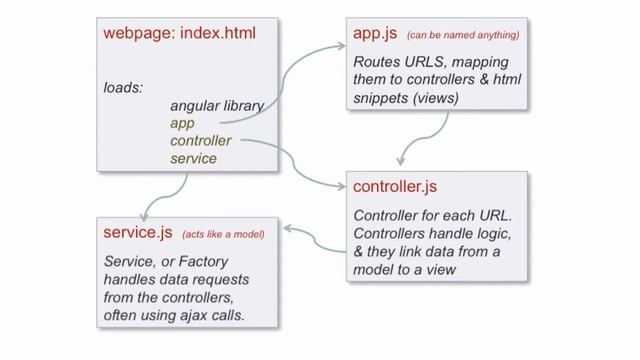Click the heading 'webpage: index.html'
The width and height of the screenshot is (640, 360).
179,34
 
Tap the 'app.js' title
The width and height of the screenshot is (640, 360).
375,34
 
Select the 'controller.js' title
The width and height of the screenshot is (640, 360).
395,186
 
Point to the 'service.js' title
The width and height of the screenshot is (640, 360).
138,233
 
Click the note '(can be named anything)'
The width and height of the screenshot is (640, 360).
462,35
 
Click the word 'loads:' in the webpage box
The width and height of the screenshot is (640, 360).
123,87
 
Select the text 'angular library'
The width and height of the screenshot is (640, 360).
216,106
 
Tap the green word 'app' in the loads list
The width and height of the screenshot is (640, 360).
182,124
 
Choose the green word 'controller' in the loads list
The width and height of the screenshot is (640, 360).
200,141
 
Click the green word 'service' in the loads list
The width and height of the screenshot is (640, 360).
193,159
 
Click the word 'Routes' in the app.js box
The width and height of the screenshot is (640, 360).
374,61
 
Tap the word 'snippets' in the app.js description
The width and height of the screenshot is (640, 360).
380,98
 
